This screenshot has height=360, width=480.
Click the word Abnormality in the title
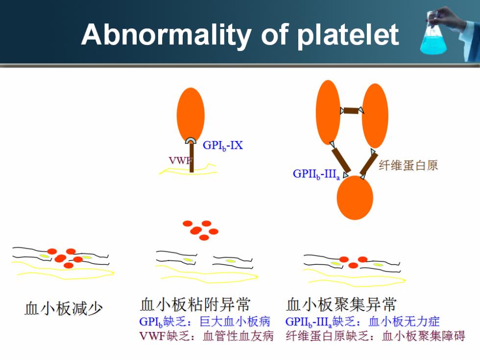click(166, 35)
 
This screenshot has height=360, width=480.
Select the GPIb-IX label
click(222, 145)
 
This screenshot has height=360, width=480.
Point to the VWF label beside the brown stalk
click(180, 161)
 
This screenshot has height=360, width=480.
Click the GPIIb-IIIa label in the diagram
click(316, 174)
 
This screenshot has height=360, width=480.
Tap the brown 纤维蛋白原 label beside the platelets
click(408, 166)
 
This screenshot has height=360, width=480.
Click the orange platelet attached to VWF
click(191, 115)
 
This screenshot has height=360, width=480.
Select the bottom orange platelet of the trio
click(355, 198)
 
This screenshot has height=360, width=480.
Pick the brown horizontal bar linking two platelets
click(351, 111)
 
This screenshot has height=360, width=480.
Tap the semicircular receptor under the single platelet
click(191, 140)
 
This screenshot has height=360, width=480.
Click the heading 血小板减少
click(64, 308)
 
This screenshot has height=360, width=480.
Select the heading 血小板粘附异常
click(195, 304)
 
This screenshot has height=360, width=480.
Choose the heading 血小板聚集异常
click(341, 304)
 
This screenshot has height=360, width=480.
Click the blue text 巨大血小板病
click(235, 321)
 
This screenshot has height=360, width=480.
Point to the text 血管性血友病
click(238, 336)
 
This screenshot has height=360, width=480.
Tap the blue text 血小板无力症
click(404, 321)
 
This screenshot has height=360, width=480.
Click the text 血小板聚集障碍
click(424, 336)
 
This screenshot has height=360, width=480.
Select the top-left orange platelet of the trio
click(328, 112)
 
